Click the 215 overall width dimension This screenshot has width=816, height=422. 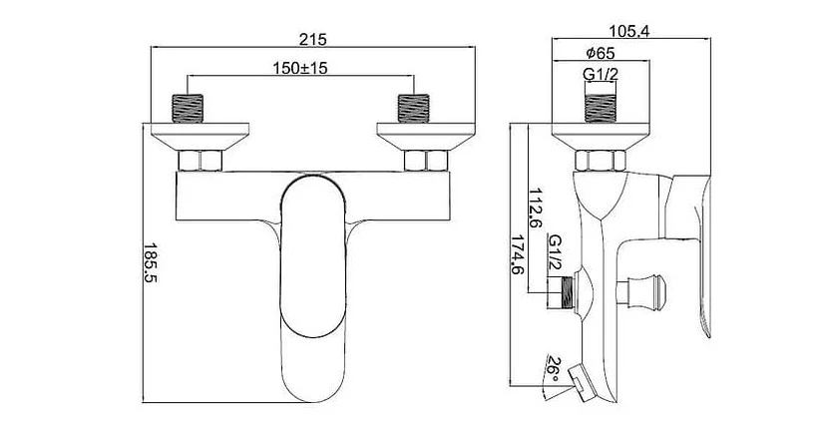(312, 39)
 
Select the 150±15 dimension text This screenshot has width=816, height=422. (300, 68)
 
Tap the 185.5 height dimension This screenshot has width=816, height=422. (151, 262)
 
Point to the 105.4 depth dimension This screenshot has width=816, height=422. (629, 31)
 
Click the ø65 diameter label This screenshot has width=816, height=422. (601, 53)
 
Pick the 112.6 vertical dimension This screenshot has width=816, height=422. (536, 209)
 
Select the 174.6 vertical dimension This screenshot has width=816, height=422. (517, 255)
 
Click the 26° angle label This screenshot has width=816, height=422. (553, 370)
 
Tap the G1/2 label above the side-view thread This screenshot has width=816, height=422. (601, 75)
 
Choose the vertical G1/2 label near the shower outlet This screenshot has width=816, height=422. (556, 251)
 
